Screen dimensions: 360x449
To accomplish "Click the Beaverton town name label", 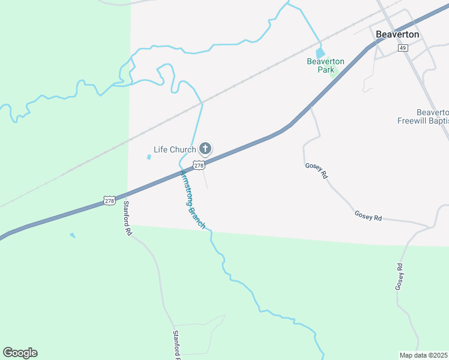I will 397,34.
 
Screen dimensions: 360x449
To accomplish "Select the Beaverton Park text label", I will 325,65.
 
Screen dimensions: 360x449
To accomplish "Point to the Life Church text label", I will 175,149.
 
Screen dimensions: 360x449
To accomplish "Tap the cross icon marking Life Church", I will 205,148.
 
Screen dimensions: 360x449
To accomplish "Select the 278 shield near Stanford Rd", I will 109,200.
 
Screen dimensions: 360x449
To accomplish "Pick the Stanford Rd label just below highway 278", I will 127,217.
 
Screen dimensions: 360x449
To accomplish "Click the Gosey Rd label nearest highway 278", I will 316,172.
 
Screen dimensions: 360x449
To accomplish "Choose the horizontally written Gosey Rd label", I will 368,215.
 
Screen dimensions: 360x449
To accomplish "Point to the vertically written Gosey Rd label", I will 399,277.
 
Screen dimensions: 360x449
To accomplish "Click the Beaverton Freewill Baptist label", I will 424,116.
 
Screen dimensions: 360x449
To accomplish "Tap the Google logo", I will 20,353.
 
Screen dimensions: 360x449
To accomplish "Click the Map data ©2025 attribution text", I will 424,355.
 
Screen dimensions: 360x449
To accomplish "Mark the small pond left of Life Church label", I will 148,157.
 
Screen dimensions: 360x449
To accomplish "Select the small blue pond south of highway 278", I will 73,235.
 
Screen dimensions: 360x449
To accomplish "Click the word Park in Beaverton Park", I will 326,70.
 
